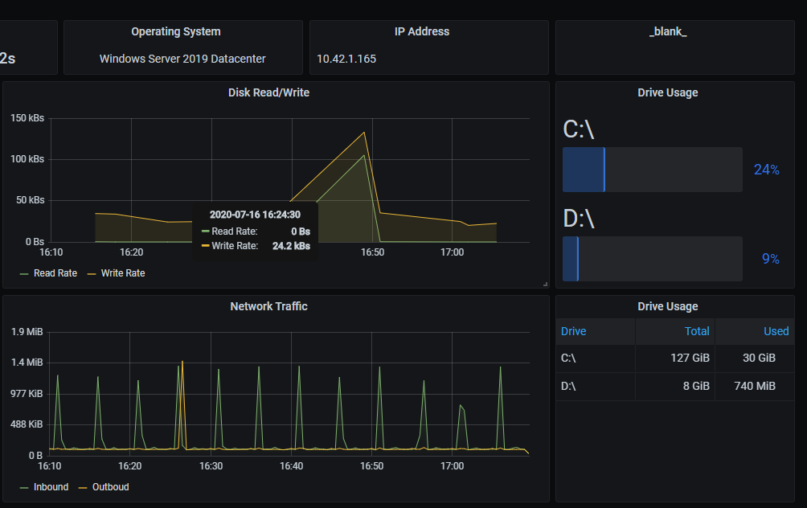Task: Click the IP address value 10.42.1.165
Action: (346, 59)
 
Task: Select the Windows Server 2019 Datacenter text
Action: (182, 59)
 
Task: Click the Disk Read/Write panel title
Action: (268, 92)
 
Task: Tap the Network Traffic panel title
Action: (268, 306)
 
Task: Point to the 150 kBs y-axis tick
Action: (27, 118)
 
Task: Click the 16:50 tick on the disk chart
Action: (372, 252)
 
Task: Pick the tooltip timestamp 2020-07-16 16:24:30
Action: (255, 215)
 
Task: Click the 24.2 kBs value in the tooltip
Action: (291, 246)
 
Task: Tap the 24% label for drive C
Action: (766, 170)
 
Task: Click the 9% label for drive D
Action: (770, 259)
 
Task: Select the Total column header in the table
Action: (696, 331)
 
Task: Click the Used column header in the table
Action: (776, 331)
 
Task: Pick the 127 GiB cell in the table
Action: (690, 358)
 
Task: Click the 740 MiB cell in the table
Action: (755, 386)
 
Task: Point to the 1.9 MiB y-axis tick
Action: (27, 332)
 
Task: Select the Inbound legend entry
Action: (51, 487)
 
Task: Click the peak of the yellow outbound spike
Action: (182, 362)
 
